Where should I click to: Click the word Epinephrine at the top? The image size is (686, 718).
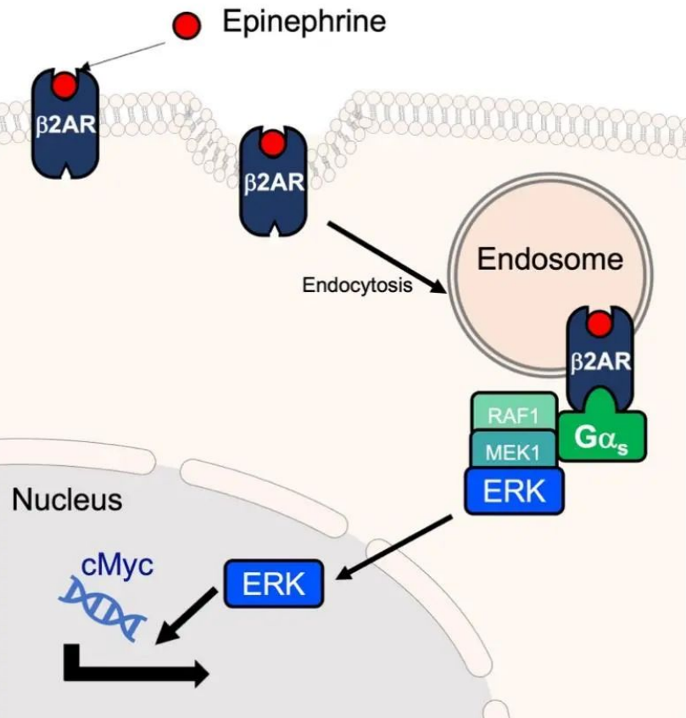(304, 22)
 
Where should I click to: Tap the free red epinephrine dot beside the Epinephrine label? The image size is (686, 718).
(187, 25)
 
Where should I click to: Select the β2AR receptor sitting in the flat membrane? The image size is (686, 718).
(65, 124)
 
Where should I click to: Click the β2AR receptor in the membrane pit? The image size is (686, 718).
(274, 182)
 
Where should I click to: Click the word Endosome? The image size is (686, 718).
(550, 259)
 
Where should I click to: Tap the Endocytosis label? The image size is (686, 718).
(357, 285)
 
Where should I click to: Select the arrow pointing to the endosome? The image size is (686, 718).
(388, 257)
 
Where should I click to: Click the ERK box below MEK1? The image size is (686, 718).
(515, 491)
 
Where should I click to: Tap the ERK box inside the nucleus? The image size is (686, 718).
(274, 584)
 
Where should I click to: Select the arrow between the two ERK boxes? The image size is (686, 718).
(394, 547)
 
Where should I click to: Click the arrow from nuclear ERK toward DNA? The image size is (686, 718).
(187, 616)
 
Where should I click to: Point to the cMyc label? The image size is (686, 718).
(117, 565)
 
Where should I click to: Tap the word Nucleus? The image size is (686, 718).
(67, 500)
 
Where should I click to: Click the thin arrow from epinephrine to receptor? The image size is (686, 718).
(123, 57)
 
